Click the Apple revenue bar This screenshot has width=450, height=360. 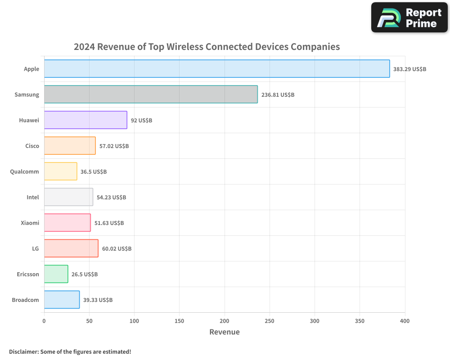(217, 69)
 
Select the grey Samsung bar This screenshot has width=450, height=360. (151, 94)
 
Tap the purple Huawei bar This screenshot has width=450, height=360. (85, 120)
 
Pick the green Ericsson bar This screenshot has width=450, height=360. (56, 274)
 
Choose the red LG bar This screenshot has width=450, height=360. (71, 248)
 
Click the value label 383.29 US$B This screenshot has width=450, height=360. (409, 69)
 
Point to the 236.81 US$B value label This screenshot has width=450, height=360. (278, 95)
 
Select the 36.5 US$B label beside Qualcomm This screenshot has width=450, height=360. (94, 172)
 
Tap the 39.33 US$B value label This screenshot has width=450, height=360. (98, 300)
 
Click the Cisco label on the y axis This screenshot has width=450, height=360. (32, 146)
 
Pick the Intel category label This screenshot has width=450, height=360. (33, 197)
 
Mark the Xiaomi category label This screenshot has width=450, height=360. (30, 223)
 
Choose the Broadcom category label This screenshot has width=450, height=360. (25, 300)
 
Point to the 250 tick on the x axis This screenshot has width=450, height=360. (270, 321)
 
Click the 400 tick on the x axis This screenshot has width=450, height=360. (405, 321)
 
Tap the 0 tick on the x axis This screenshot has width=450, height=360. (44, 321)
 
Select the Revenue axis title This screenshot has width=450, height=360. (225, 332)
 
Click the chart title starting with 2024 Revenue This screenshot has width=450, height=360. (207, 47)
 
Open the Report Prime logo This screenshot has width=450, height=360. (409, 18)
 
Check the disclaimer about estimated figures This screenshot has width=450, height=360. (70, 351)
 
